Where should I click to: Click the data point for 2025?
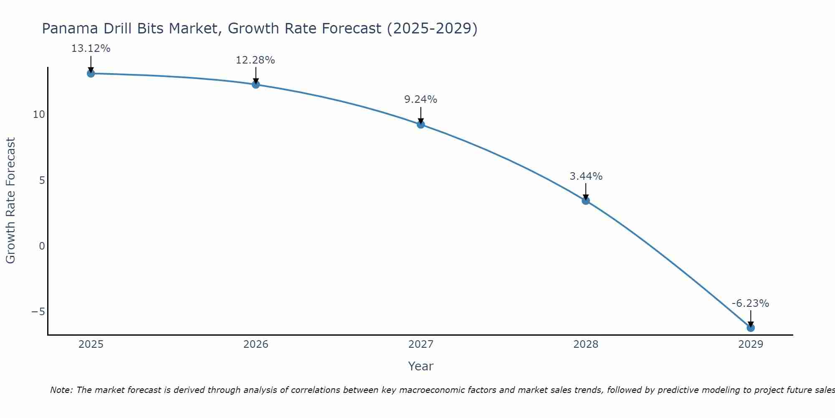pos(91,74)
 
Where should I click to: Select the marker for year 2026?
pos(256,84)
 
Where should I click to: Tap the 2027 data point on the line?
pos(421,124)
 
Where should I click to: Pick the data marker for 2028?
pos(586,201)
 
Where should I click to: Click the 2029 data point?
pos(751,328)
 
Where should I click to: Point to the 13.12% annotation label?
pos(91,48)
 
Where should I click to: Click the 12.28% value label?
pos(256,60)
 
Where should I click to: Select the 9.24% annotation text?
pos(421,99)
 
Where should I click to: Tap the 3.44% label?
pos(586,176)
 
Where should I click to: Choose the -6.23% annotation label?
pos(750,303)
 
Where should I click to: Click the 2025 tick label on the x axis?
pos(91,344)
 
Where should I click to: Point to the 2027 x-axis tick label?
pos(421,344)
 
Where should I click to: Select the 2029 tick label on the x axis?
pos(751,344)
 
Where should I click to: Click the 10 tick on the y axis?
pos(39,115)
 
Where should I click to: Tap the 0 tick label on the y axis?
pos(42,246)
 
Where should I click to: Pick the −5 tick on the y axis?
pos(38,312)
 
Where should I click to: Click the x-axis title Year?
pos(421,366)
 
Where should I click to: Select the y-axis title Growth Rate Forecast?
pos(10,201)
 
